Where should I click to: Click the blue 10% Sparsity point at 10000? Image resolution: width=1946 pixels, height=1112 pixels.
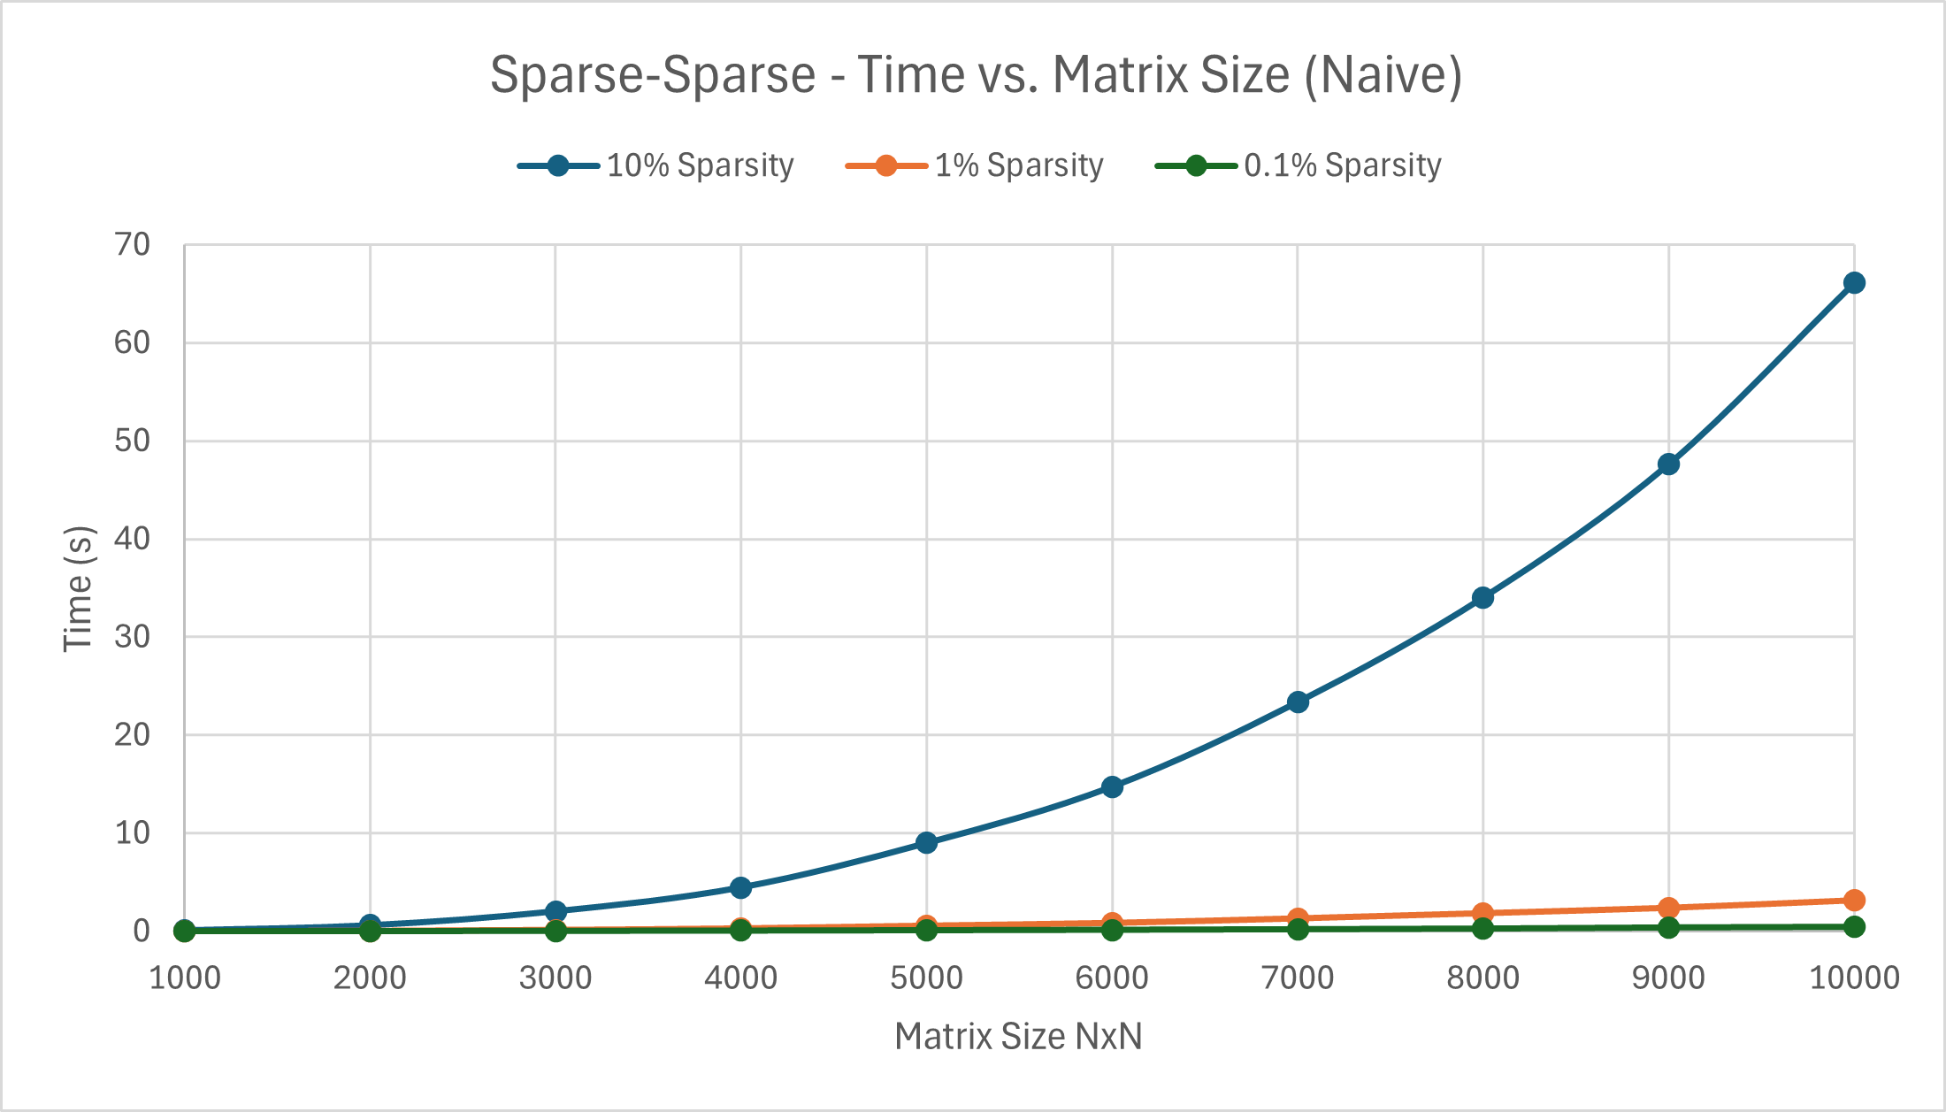pyautogui.click(x=1854, y=283)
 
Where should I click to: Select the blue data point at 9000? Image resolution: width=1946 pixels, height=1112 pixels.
pyautogui.click(x=1668, y=464)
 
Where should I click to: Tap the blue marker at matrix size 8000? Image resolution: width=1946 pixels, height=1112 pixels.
pyautogui.click(x=1483, y=598)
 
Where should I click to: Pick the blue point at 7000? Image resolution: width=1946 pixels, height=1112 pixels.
pyautogui.click(x=1298, y=702)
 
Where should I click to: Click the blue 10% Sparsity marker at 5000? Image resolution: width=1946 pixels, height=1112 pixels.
pyautogui.click(x=926, y=842)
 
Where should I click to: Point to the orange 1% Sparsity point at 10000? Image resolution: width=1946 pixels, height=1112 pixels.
pyautogui.click(x=1854, y=901)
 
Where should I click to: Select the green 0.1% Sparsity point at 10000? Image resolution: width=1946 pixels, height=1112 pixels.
pyautogui.click(x=1854, y=927)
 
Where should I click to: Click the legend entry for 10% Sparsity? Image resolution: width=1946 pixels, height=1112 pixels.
pyautogui.click(x=699, y=165)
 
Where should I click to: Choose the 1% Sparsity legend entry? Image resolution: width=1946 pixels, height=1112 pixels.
pyautogui.click(x=1018, y=165)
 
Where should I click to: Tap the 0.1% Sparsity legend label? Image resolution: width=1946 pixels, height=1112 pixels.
pyautogui.click(x=1342, y=165)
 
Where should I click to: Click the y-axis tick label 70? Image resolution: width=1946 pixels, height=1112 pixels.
pyautogui.click(x=133, y=245)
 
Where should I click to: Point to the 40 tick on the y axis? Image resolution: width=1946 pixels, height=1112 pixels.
pyautogui.click(x=133, y=539)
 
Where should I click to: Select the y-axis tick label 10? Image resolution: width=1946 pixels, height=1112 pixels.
pyautogui.click(x=133, y=832)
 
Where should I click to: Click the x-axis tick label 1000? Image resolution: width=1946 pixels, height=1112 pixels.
pyautogui.click(x=184, y=978)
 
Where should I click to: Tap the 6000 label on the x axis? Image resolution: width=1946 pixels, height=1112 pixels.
pyautogui.click(x=1112, y=978)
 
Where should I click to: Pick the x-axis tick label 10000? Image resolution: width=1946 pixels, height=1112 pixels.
pyautogui.click(x=1854, y=978)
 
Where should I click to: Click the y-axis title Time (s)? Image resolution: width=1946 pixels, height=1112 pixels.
pyautogui.click(x=78, y=588)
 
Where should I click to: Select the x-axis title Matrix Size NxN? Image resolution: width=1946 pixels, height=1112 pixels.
pyautogui.click(x=1018, y=1037)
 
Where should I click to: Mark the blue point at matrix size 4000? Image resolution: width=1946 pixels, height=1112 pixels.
pyautogui.click(x=741, y=887)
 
